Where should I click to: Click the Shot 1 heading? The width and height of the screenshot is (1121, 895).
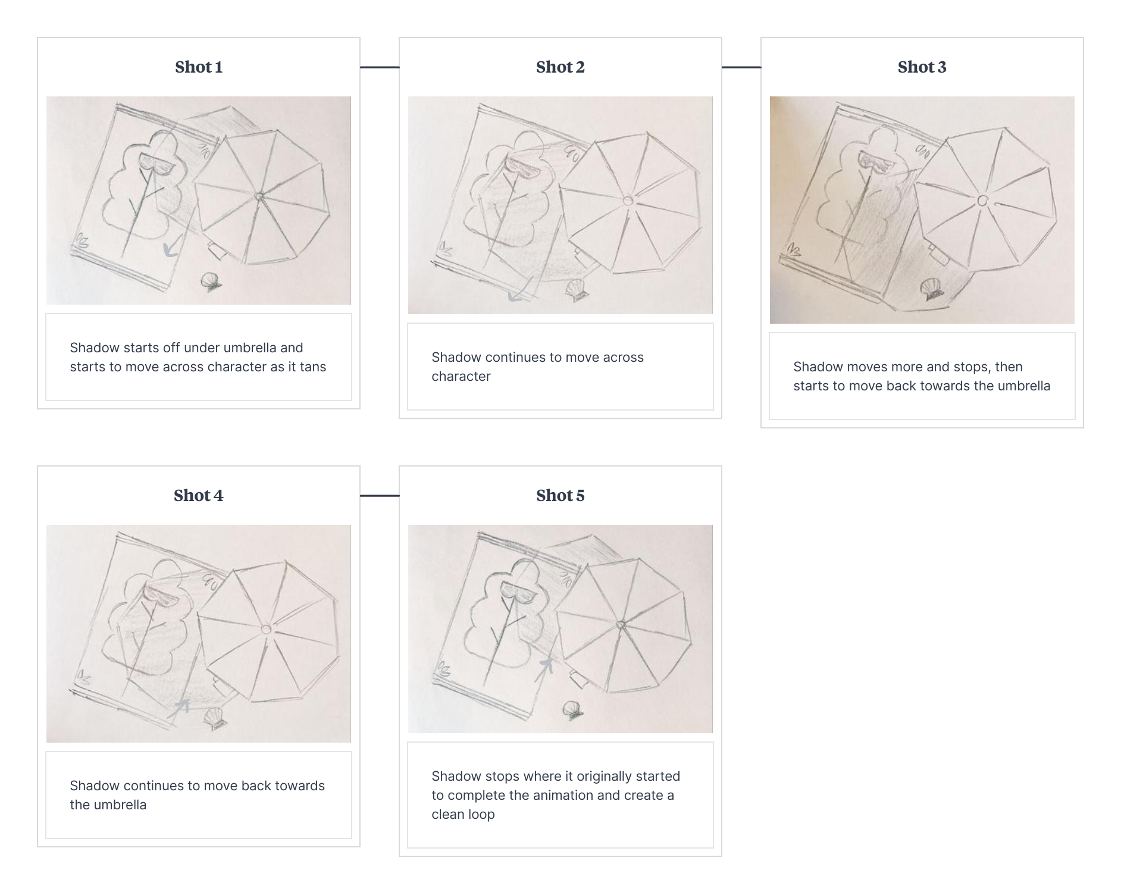[x=199, y=67]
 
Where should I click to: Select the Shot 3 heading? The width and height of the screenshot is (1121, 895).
[x=922, y=67]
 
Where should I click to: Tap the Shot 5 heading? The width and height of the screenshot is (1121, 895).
[x=560, y=496]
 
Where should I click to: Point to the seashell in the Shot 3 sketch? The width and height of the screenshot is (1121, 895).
[x=931, y=290]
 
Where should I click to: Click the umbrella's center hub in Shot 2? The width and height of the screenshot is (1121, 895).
[x=628, y=201]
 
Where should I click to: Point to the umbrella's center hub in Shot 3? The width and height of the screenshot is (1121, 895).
[x=983, y=201]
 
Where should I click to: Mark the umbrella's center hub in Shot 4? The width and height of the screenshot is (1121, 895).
[x=265, y=629]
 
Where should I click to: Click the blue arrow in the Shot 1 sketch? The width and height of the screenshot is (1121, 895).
[x=171, y=248]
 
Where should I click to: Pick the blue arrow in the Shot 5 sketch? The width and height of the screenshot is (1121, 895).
[x=544, y=669]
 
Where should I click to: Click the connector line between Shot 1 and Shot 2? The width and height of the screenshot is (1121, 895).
[x=380, y=67]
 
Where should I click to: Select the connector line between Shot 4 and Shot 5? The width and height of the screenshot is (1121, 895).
[x=380, y=495]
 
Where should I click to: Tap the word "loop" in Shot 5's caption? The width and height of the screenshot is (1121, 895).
[x=481, y=814]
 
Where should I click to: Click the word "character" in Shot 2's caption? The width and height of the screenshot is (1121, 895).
[x=461, y=376]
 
